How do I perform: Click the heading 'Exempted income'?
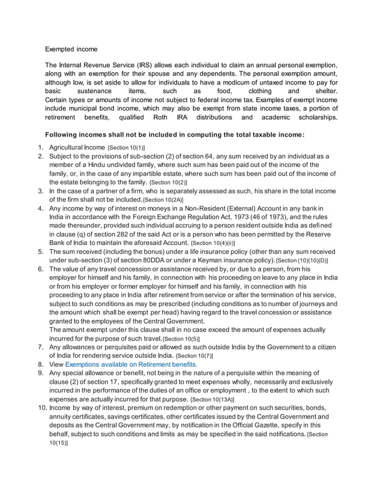coord(71,49)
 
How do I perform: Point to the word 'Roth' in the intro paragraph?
coord(161,118)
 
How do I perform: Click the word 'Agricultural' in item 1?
coord(68,147)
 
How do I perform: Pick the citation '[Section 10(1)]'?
coord(126,148)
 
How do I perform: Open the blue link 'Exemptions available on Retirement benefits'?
coord(131,364)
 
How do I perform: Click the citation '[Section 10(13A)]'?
coord(212,399)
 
